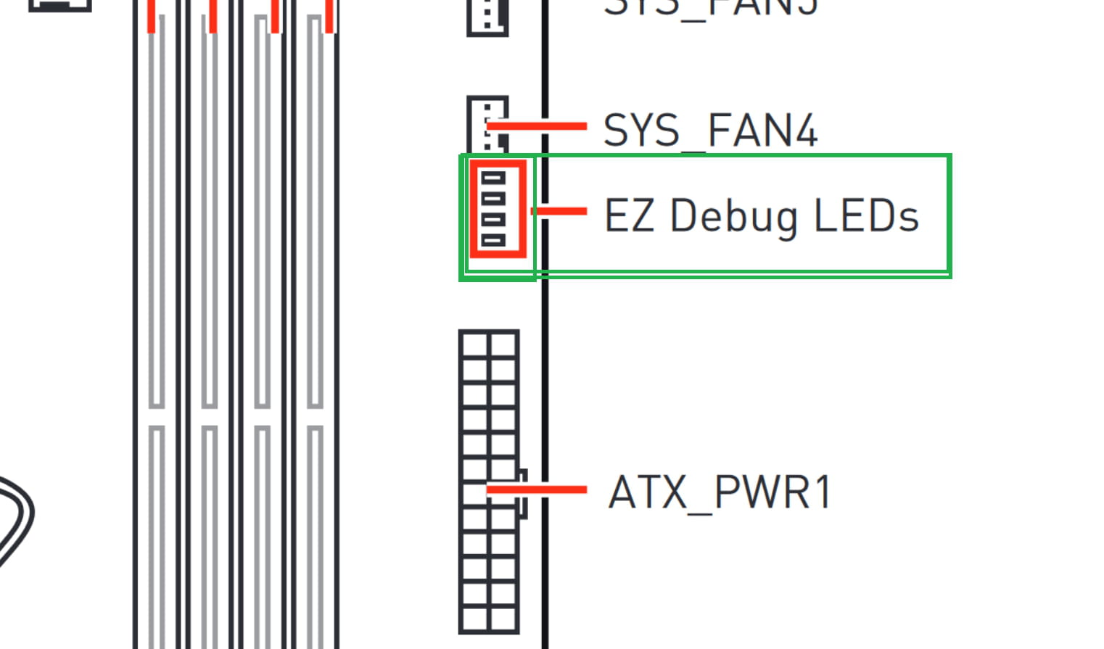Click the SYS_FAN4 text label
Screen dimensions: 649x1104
710,131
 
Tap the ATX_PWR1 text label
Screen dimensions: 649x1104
720,493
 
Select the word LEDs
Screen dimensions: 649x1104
866,215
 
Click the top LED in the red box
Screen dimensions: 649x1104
493,178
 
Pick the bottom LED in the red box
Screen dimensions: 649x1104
493,240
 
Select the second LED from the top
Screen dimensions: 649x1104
493,198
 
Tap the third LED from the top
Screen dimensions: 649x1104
493,219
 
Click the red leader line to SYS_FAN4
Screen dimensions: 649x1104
537,126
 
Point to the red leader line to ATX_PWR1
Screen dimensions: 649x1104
537,490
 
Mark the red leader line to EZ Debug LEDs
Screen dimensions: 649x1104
559,211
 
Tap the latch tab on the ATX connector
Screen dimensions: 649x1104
523,493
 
